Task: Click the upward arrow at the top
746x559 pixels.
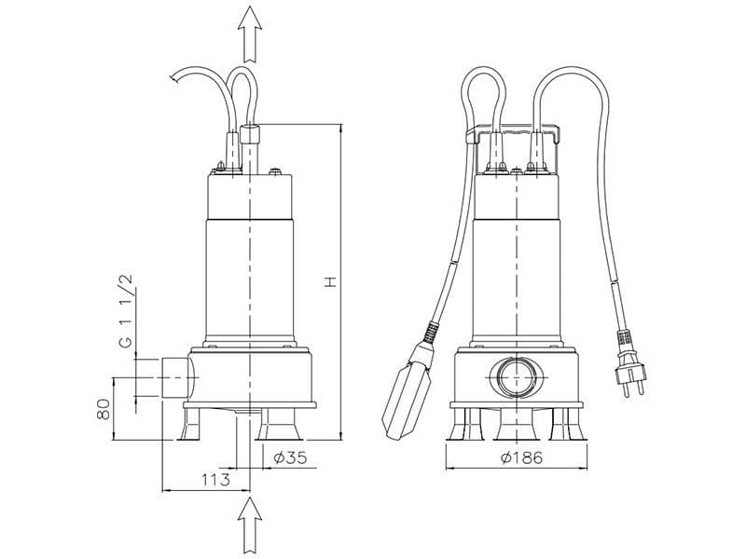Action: click(249, 32)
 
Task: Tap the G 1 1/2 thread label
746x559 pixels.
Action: click(124, 312)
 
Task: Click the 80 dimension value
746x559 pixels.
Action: click(104, 409)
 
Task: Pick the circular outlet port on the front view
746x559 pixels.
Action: click(516, 378)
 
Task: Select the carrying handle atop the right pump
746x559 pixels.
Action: click(516, 136)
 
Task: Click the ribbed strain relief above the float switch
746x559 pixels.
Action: click(430, 333)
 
